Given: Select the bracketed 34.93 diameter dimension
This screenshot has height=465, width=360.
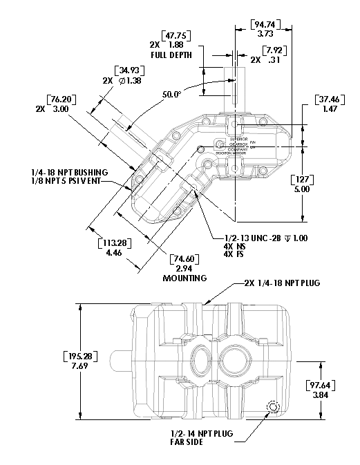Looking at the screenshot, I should pyautogui.click(x=127, y=71).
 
